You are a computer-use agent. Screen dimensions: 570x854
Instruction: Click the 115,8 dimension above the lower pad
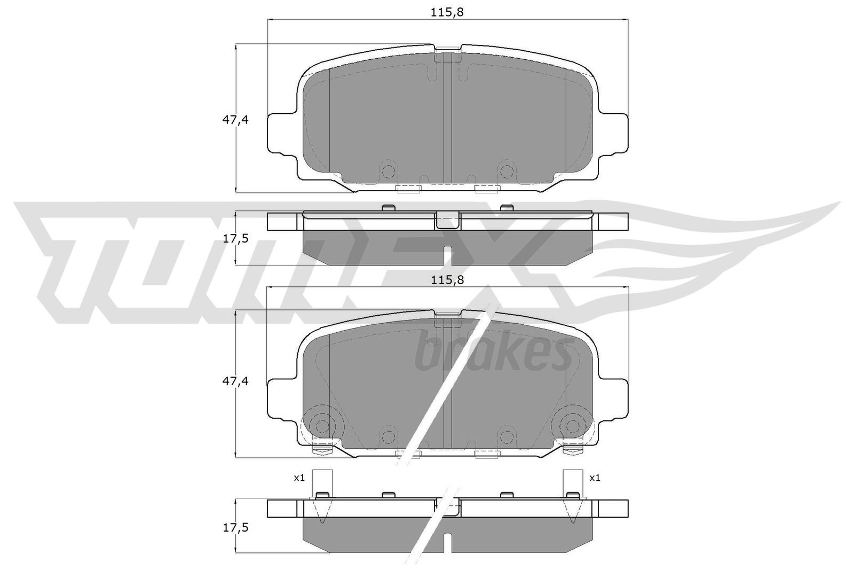[447, 279]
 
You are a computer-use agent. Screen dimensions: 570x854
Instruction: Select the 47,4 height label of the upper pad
[235, 120]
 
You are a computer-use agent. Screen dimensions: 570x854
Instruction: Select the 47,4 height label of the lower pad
[235, 381]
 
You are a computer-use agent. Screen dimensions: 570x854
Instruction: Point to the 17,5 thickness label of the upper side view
[235, 238]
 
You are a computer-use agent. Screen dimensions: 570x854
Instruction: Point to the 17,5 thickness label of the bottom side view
[235, 527]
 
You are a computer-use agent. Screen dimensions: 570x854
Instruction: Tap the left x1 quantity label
[299, 478]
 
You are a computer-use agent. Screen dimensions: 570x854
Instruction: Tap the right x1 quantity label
[595, 478]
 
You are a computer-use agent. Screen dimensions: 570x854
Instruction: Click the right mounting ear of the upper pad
[614, 134]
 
